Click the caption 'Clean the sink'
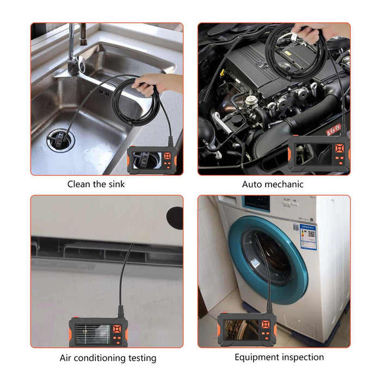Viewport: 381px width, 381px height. [96, 184]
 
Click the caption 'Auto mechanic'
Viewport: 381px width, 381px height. [273, 184]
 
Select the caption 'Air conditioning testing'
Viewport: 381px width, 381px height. [108, 358]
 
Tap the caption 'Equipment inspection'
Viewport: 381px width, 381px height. [279, 357]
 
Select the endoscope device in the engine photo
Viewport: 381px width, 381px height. [319, 154]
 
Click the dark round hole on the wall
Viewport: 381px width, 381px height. [175, 217]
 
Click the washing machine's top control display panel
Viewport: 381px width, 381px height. [256, 202]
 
